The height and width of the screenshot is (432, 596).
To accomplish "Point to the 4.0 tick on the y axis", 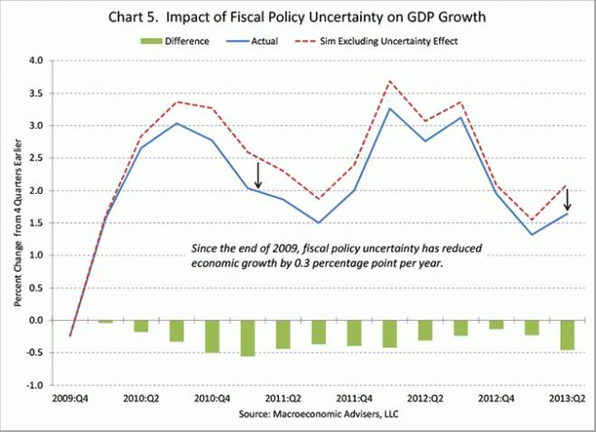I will [35, 61].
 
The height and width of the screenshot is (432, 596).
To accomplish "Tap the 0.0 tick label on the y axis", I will [35, 320].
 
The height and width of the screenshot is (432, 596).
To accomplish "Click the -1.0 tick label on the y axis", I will [34, 385].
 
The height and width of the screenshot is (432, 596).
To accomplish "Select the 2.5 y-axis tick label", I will [35, 159].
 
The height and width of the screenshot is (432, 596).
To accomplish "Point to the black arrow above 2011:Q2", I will [258, 175].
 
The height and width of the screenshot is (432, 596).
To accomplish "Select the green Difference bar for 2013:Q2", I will [568, 335].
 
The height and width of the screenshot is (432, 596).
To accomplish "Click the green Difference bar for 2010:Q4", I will [211, 336].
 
